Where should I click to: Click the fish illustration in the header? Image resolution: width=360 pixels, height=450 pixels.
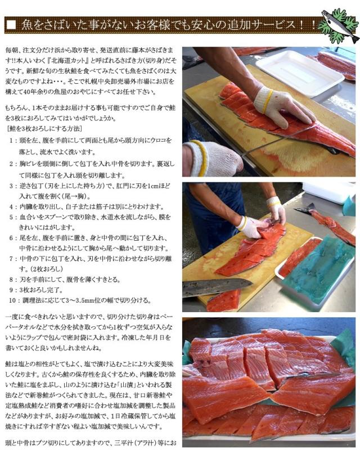(x=340, y=26)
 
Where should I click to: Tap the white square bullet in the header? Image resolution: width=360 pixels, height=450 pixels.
(x=12, y=25)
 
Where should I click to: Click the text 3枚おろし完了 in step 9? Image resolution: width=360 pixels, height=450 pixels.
(x=43, y=290)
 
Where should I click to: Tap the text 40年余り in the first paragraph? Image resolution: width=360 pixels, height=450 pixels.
(x=33, y=91)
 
